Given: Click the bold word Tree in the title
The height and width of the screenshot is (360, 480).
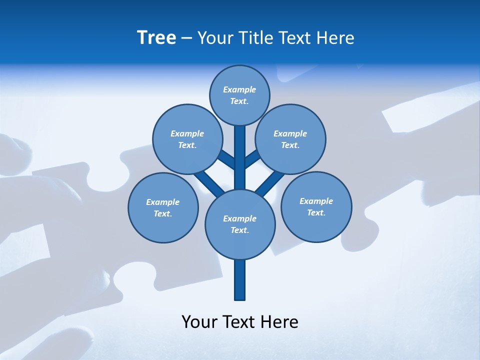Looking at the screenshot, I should click(x=156, y=38).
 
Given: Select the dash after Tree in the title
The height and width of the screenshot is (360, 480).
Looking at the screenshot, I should click(x=186, y=38).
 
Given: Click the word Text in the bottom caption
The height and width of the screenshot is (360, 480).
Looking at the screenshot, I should click(x=239, y=322).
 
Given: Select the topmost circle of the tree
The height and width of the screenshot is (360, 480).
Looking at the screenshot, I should click(x=239, y=95).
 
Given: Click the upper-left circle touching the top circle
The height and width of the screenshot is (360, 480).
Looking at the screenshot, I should click(x=187, y=139).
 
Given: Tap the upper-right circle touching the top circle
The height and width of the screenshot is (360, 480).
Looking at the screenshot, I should click(x=290, y=139).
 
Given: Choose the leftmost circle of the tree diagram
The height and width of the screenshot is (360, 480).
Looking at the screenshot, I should click(x=163, y=207).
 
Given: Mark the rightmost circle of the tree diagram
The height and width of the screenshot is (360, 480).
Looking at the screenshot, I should click(x=316, y=206).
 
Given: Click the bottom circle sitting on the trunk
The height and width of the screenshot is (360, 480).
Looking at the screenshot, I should click(x=240, y=224).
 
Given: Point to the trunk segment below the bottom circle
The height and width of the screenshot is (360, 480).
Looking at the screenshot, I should click(x=240, y=280).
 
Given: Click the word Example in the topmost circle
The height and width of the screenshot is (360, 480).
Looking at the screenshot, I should click(x=239, y=89).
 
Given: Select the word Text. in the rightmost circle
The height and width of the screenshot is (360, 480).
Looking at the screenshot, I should click(x=316, y=212).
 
